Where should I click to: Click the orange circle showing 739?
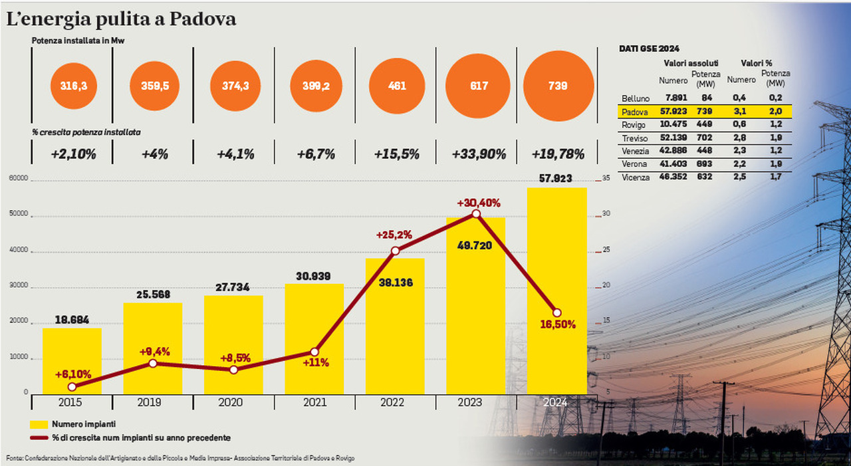tap(558, 86)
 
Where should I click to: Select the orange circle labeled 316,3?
tap(74, 86)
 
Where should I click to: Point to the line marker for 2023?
tap(476, 213)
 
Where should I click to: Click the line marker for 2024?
tap(557, 312)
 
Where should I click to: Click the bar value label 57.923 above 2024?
tap(557, 179)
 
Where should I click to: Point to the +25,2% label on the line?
tap(394, 235)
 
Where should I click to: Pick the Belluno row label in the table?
tap(636, 98)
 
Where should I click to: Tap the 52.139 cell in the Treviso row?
tap(672, 138)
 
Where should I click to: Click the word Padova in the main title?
tap(203, 19)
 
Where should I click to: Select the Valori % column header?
tap(757, 62)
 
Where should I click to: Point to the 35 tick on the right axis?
tap(606, 179)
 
